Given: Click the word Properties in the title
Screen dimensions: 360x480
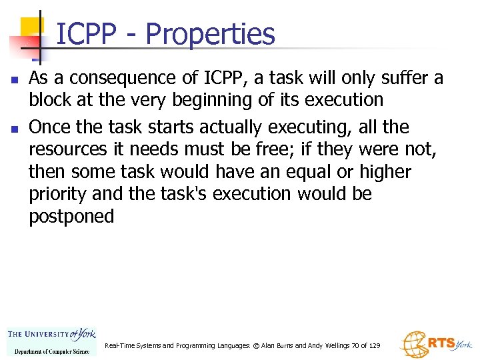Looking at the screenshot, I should [210, 34].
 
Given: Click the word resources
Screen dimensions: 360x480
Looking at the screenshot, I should [67, 149].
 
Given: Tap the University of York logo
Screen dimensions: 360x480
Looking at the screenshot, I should [51, 341].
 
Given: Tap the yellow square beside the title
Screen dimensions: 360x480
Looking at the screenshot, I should [31, 27].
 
